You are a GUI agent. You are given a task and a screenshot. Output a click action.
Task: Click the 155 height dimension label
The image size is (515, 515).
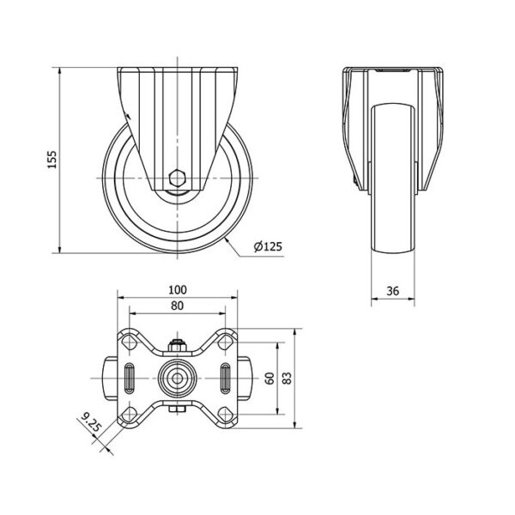tap(52, 160)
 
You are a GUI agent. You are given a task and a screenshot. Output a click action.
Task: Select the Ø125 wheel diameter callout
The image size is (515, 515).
tap(268, 246)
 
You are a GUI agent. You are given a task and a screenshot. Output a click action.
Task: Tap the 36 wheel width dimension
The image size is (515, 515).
tap(393, 291)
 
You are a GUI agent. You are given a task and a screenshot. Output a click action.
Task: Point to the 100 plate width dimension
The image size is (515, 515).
tap(178, 290)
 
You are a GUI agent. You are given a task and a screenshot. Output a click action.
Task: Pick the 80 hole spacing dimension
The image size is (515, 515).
tap(178, 306)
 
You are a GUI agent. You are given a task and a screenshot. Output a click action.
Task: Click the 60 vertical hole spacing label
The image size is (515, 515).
tap(270, 379)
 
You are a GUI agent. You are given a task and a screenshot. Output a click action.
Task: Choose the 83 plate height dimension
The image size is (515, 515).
tap(287, 379)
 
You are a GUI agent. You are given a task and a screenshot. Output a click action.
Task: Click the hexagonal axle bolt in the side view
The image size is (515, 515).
tap(178, 179)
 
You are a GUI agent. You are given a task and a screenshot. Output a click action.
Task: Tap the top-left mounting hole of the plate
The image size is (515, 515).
tap(130, 342)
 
